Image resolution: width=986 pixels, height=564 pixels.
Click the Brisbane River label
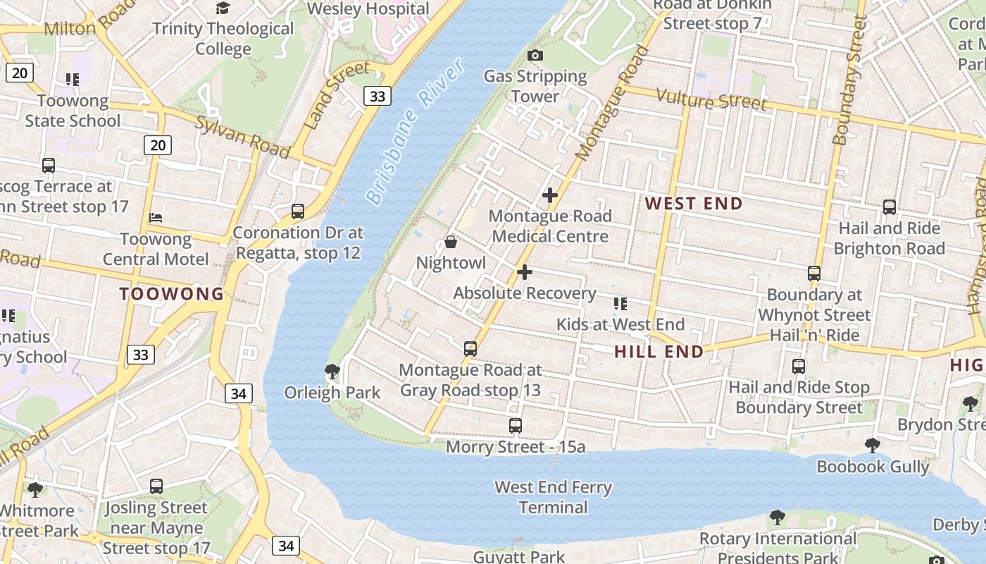point(416,132)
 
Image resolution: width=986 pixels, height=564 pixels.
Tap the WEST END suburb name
point(694,204)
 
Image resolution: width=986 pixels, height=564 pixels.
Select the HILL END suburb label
point(659,351)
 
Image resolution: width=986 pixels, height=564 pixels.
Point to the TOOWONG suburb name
point(171,294)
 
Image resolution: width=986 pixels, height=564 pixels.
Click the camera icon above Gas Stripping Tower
point(535,55)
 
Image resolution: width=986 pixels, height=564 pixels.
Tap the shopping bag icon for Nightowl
point(451,243)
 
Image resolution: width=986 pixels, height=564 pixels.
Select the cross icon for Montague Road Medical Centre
point(550,195)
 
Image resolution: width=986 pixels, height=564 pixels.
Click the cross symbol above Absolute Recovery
point(525,272)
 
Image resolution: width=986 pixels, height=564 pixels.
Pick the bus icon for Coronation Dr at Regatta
point(298,211)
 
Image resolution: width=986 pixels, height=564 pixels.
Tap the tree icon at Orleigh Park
point(332,372)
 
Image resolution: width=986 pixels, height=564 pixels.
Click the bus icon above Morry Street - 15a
point(516,426)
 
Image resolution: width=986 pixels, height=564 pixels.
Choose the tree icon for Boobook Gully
point(873,446)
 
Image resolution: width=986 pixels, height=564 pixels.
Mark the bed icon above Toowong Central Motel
point(156,218)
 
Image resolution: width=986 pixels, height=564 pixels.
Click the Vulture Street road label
point(711,100)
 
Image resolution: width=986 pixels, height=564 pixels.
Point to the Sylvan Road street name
point(242,137)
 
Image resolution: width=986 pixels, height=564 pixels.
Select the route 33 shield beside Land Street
point(377,96)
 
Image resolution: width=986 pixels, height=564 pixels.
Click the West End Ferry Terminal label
point(553,497)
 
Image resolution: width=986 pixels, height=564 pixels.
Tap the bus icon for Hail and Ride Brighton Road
point(890,207)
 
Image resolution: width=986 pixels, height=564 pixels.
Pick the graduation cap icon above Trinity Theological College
point(223,8)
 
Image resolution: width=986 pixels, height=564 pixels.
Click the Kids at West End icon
point(620,304)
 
